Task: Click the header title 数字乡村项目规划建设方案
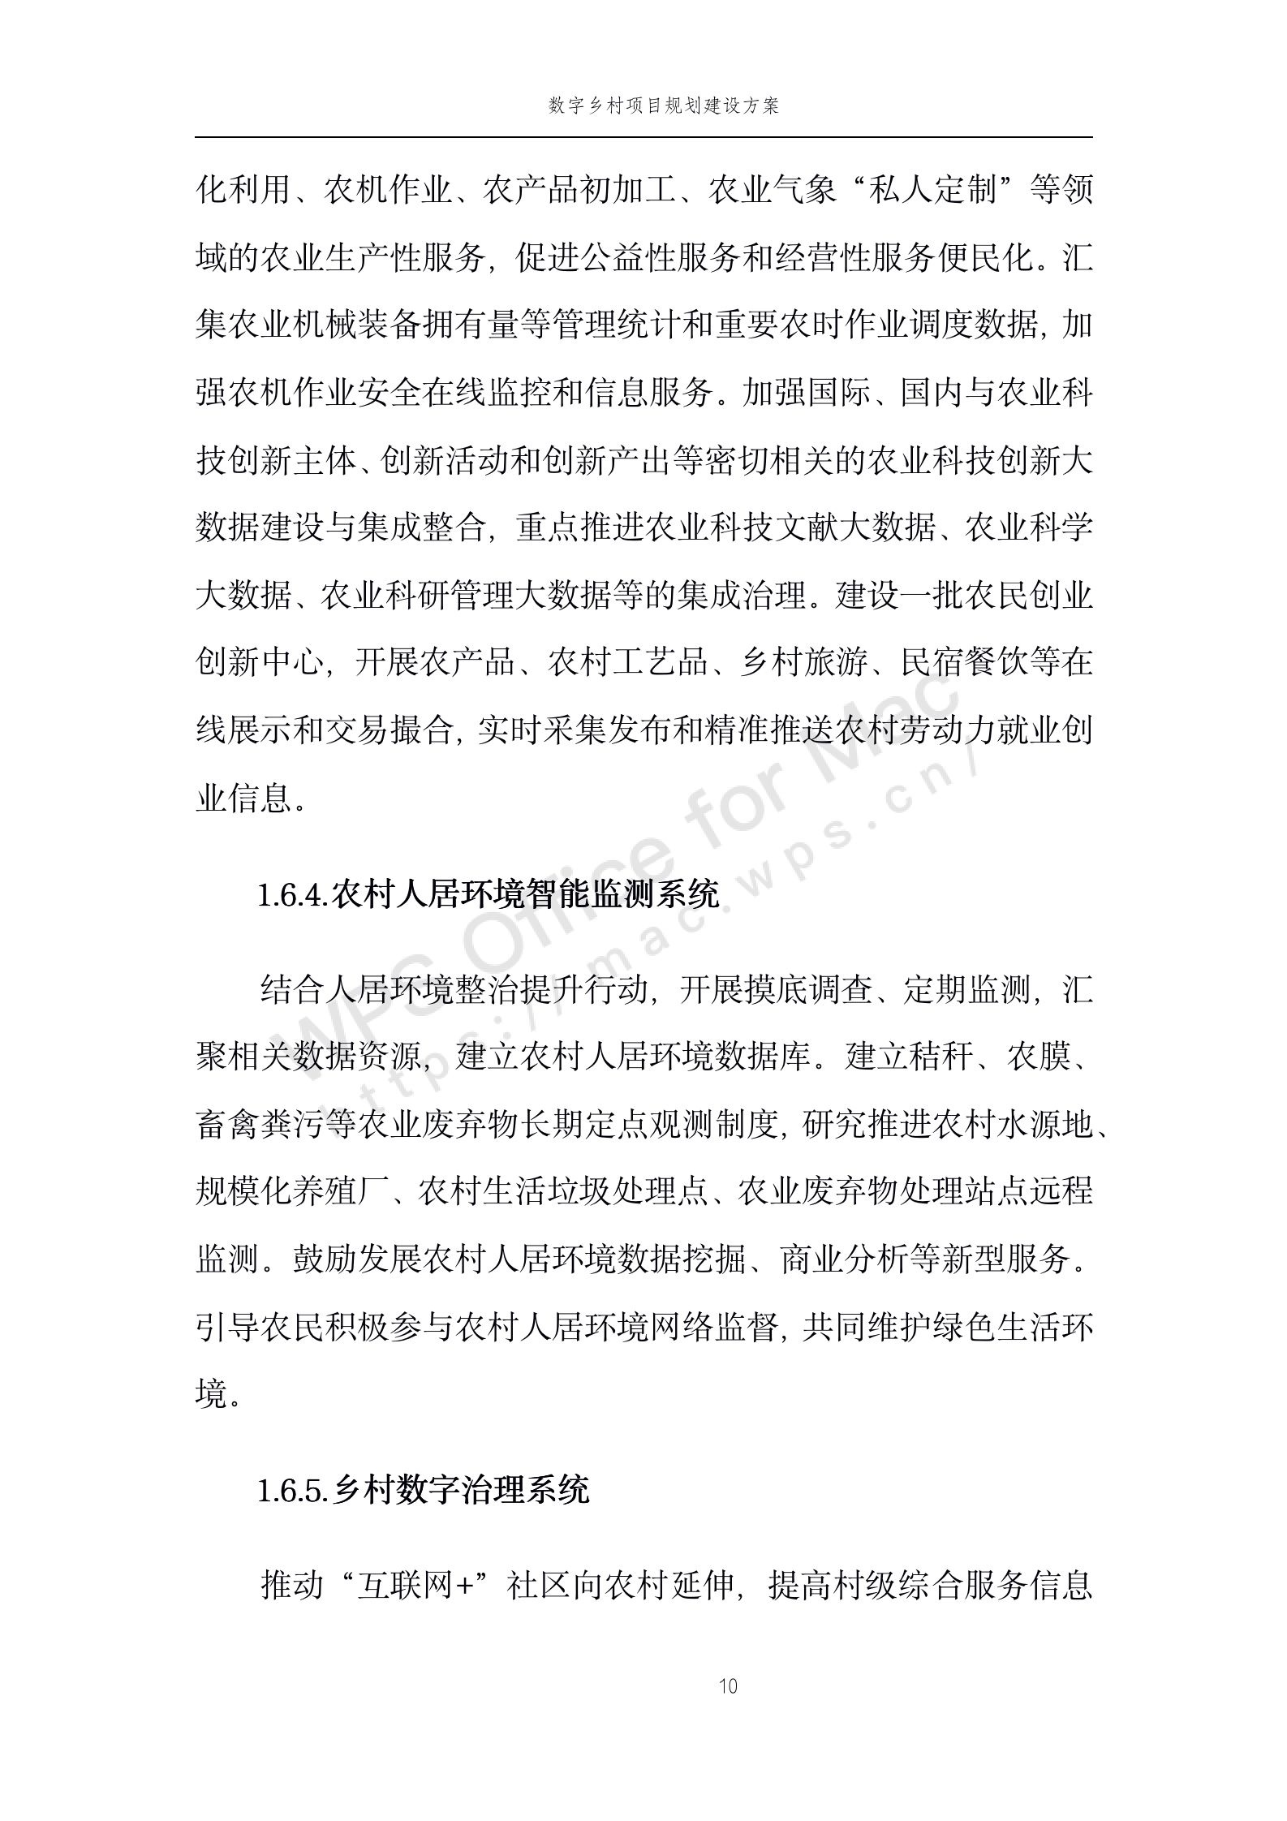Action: coord(663,106)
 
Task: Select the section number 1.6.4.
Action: coord(293,896)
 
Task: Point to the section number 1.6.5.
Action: coord(293,1491)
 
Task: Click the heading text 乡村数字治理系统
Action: coord(461,1491)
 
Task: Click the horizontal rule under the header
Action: coord(643,137)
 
